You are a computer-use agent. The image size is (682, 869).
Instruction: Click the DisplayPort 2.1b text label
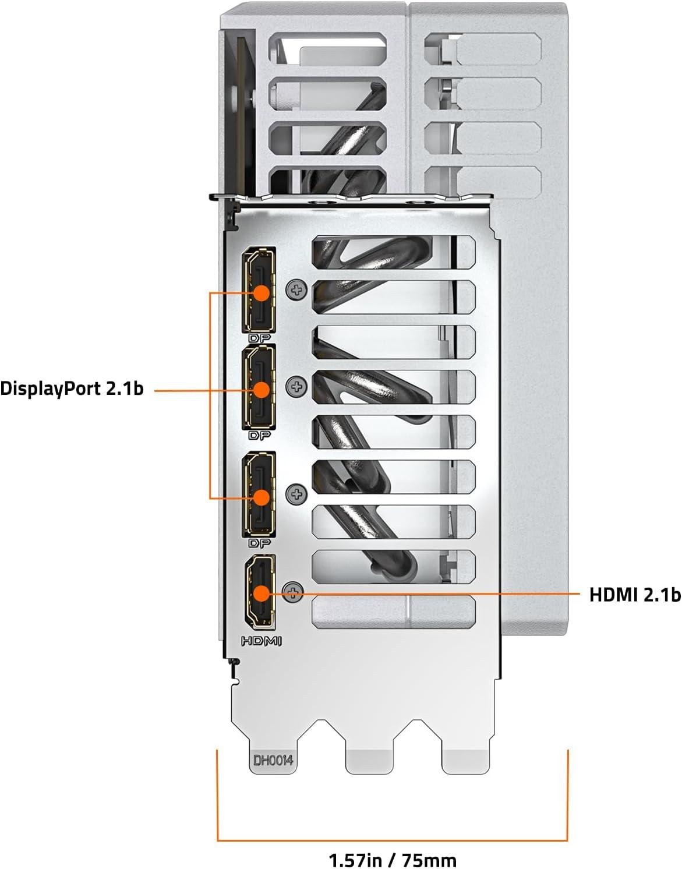coord(72,388)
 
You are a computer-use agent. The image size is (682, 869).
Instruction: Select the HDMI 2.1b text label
coord(635,595)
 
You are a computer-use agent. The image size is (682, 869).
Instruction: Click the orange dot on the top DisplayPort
coord(262,293)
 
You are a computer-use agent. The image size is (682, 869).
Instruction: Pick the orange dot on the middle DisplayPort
coord(262,390)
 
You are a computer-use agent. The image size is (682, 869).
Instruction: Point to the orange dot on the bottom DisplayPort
coord(262,497)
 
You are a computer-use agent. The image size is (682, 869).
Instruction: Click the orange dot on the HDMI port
coord(262,593)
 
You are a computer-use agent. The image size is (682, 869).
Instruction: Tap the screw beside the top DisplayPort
coord(296,289)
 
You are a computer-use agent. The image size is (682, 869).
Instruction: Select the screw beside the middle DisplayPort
coord(296,386)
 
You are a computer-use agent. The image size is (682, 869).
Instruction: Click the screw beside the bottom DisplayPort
coord(296,494)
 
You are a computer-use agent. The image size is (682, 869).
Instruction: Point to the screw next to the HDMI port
coord(293,592)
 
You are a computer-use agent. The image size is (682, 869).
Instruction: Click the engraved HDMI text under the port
coord(262,641)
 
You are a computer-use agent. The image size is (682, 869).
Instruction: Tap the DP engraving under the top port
coord(259,338)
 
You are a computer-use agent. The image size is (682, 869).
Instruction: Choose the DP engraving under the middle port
coord(259,435)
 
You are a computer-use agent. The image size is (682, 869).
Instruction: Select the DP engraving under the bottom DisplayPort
coord(259,543)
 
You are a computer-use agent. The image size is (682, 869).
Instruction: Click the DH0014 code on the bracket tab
coord(273,760)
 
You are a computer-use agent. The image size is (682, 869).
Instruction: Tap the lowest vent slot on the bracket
coord(394,612)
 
